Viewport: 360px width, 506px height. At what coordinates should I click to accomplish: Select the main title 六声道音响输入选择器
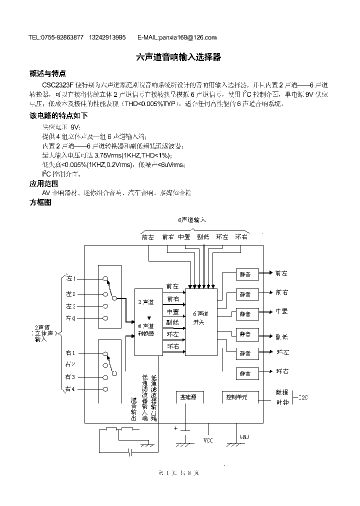(x=179, y=57)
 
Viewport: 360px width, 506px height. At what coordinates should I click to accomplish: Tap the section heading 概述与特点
(x=48, y=73)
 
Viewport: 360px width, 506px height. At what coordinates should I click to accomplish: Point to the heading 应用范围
(x=44, y=183)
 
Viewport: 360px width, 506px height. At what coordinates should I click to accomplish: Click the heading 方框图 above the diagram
(x=41, y=202)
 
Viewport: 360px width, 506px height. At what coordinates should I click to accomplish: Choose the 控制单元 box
(x=236, y=397)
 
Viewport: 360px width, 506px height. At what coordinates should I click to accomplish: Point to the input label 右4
(x=70, y=388)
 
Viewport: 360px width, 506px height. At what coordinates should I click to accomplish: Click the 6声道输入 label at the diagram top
(x=192, y=220)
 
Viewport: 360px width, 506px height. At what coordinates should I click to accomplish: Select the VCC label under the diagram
(x=208, y=441)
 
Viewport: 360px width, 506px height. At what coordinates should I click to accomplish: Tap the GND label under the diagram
(x=244, y=436)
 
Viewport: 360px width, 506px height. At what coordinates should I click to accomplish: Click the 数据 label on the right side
(x=282, y=392)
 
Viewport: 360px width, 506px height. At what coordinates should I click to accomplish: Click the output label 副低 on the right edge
(x=281, y=336)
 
